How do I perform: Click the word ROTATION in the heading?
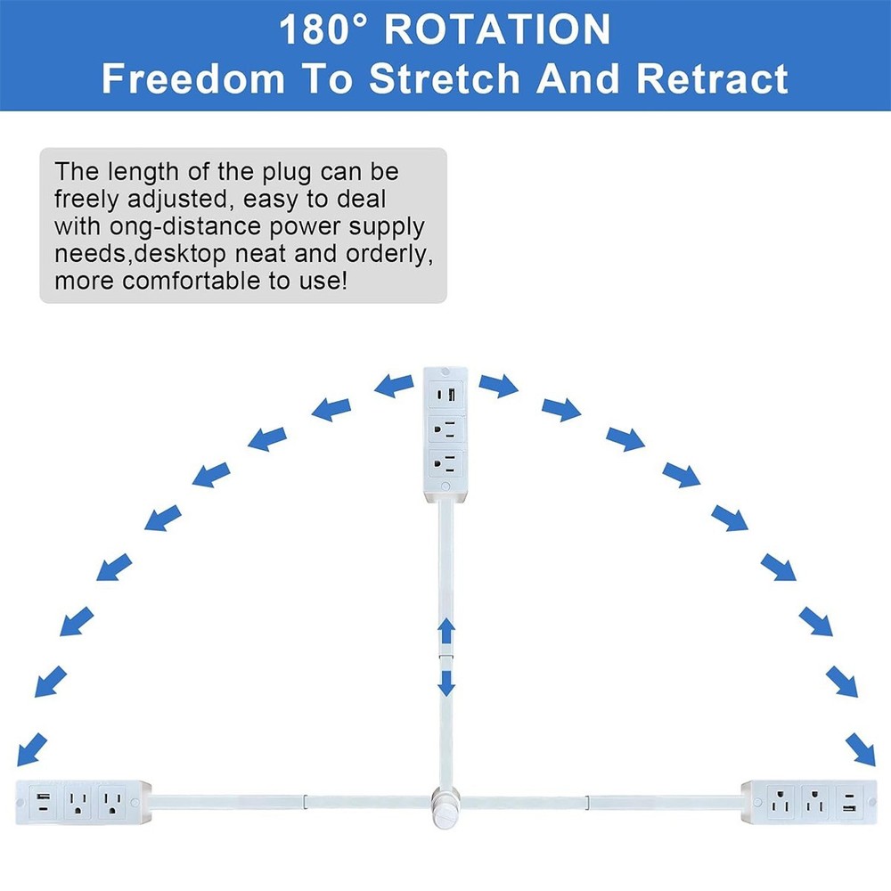[497, 29]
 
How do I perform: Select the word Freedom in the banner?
[193, 78]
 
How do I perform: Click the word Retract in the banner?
[712, 78]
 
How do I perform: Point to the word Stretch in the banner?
[445, 78]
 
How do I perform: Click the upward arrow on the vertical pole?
[446, 631]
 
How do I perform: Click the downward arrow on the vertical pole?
[446, 683]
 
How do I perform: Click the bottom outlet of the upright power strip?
[445, 463]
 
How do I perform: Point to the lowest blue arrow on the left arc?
[32, 749]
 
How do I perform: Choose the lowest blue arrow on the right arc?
[861, 749]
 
